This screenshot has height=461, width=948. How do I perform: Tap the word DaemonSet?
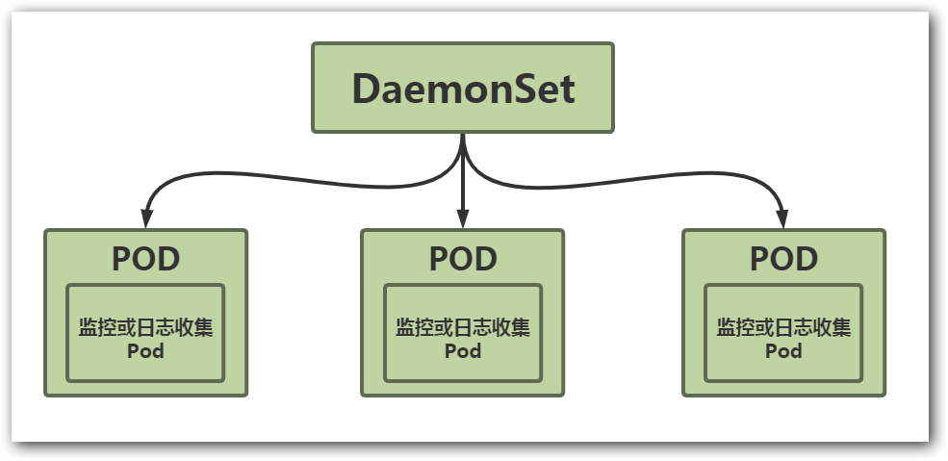click(x=463, y=90)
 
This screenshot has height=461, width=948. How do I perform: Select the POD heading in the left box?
click(x=146, y=259)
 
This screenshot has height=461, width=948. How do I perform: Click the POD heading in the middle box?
click(x=463, y=259)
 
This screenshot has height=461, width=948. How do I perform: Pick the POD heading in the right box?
click(x=783, y=259)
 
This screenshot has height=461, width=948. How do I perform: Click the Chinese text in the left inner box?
click(x=146, y=327)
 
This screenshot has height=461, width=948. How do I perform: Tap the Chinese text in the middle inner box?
click(x=463, y=327)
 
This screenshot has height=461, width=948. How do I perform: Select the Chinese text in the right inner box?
click(x=783, y=327)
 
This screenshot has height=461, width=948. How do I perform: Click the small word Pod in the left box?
click(x=146, y=351)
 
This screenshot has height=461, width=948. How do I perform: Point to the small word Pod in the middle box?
click(x=463, y=351)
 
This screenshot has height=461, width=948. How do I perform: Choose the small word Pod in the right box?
click(x=783, y=351)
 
